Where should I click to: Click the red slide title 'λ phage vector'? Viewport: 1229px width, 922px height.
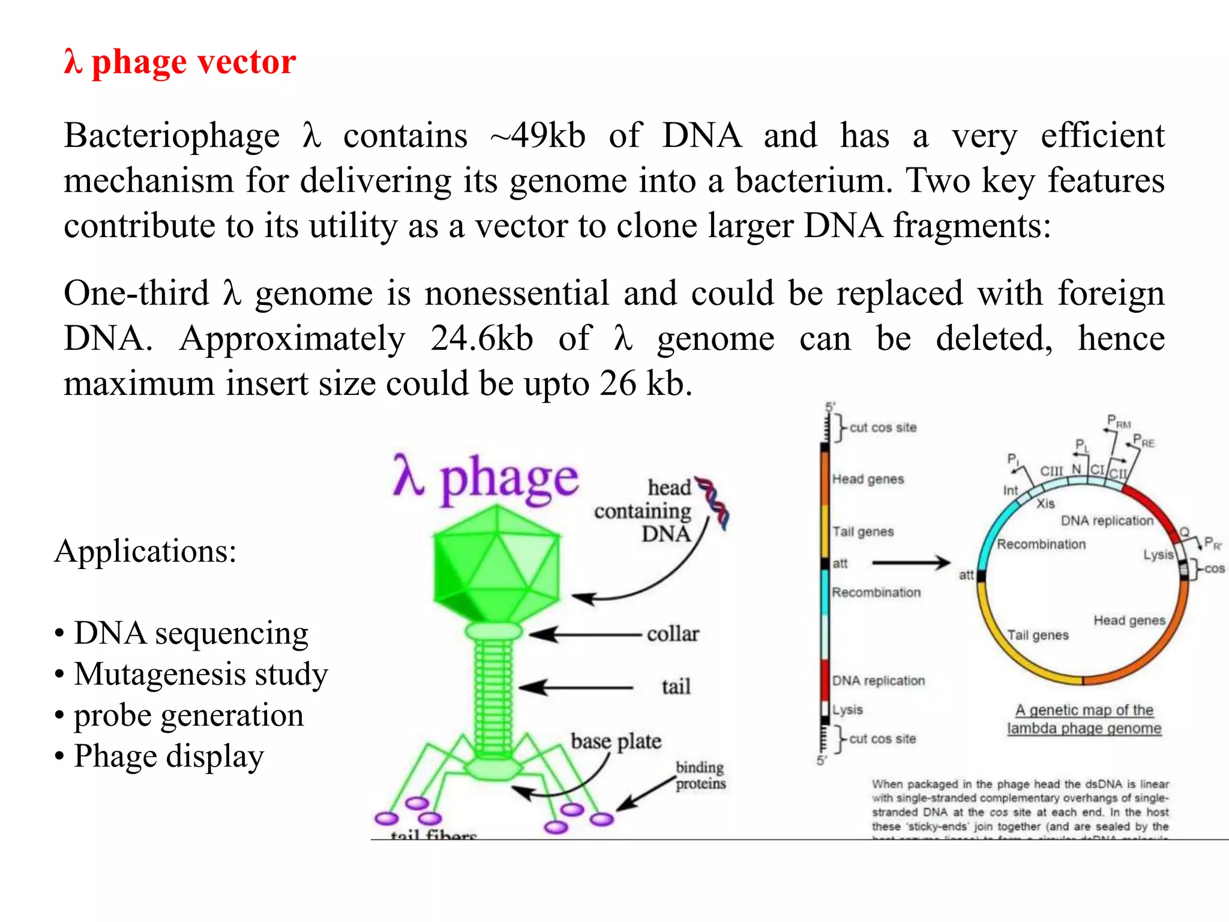point(180,62)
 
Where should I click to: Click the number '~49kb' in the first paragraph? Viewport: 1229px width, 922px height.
point(538,136)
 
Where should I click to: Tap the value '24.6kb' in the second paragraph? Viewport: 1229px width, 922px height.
point(481,339)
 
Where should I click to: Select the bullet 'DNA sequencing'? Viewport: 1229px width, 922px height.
point(191,633)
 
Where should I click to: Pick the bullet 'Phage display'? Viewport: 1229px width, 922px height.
point(169,756)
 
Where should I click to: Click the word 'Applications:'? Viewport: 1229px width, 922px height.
point(146,551)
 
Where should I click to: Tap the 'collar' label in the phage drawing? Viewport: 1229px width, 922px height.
point(673,634)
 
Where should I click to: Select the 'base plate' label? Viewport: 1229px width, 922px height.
point(616,741)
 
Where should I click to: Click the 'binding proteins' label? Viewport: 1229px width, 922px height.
point(700,776)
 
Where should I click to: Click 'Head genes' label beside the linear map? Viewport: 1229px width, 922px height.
point(868,479)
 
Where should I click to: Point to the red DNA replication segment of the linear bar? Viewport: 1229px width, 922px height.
point(825,679)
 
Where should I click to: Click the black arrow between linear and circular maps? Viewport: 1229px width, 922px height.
point(911,563)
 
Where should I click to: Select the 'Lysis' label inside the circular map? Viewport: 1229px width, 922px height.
point(1158,555)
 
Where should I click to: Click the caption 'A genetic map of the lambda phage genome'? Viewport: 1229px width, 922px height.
point(1084,719)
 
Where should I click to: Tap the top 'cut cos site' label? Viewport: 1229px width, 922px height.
point(883,427)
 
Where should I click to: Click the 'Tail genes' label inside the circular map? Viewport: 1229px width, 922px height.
point(1038,635)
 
